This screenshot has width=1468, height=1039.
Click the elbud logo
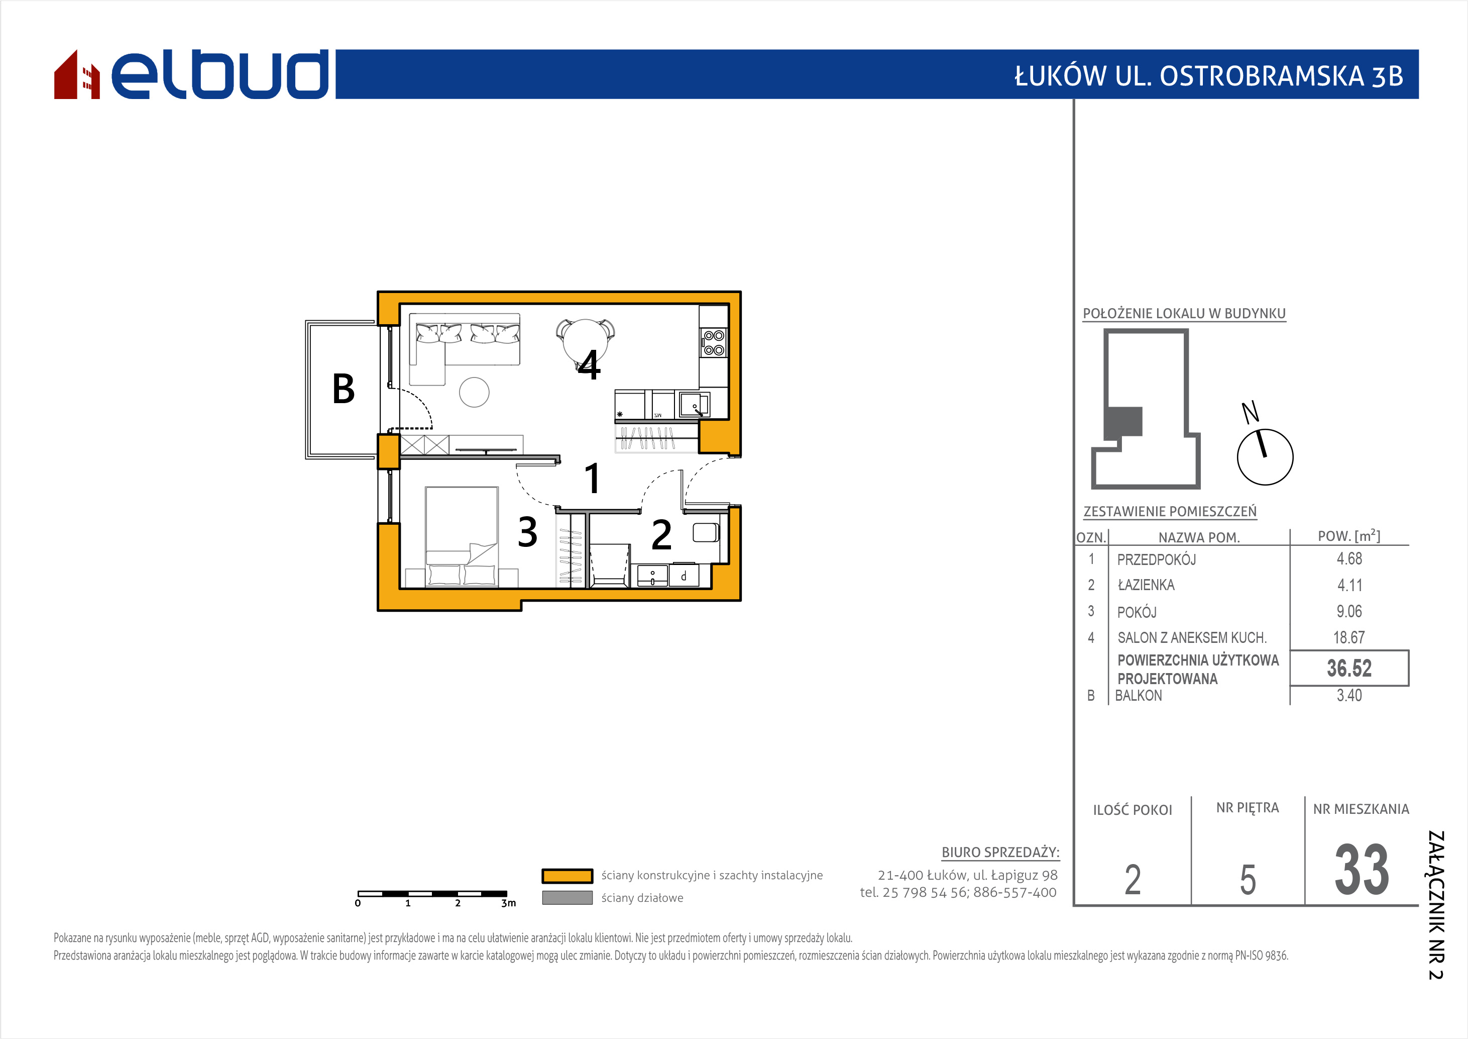pos(191,74)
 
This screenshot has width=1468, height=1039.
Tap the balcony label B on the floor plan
pos(344,389)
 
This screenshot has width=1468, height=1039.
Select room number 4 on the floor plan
pos(589,366)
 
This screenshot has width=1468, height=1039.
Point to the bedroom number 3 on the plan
pos(527,532)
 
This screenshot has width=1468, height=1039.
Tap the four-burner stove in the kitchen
pos(714,343)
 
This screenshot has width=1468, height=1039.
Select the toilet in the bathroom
pos(706,532)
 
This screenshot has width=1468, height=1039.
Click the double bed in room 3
pos(462,536)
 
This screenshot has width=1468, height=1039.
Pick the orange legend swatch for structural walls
pos(567,876)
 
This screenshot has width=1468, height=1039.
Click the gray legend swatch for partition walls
pos(567,898)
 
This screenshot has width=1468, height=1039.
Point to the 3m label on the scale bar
pos(508,903)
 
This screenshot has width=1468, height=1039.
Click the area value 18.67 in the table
pos(1349,638)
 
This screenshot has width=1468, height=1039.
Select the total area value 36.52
pos(1349,669)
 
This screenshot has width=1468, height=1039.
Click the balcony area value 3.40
pos(1349,696)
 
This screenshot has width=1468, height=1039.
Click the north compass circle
pos(1265,457)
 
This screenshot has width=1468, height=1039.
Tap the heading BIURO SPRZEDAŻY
pos(1000,853)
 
